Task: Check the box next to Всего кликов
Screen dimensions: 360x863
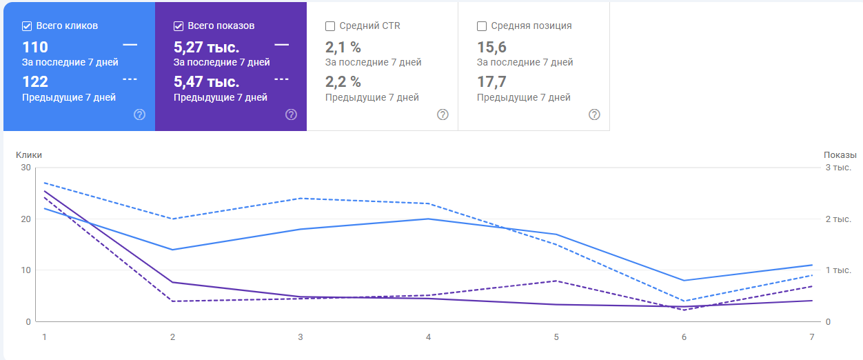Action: click(x=27, y=26)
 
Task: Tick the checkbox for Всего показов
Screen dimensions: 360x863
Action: click(x=179, y=26)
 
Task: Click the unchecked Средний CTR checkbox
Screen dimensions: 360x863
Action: click(x=330, y=26)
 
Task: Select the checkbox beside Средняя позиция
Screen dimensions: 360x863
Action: click(x=482, y=26)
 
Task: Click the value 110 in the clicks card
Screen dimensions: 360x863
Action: click(x=35, y=48)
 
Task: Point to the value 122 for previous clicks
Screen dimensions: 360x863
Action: click(x=35, y=82)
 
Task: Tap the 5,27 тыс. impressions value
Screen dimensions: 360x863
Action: click(x=206, y=48)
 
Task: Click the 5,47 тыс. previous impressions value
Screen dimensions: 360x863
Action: click(x=206, y=82)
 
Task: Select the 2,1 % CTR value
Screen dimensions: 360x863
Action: click(x=343, y=48)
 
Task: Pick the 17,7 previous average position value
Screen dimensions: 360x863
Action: click(x=491, y=82)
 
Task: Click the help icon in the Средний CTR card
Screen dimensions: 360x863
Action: click(x=443, y=114)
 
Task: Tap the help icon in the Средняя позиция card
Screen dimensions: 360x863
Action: click(x=594, y=114)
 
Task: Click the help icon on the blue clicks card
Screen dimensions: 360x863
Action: click(x=139, y=114)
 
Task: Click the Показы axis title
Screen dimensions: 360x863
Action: click(x=840, y=155)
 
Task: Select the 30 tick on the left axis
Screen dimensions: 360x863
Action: click(x=26, y=168)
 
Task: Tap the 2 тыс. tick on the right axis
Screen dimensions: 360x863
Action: click(x=838, y=219)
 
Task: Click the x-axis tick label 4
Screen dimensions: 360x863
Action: click(x=428, y=337)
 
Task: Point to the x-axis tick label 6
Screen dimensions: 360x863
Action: click(x=684, y=337)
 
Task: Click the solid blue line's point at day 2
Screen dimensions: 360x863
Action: click(x=172, y=250)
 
